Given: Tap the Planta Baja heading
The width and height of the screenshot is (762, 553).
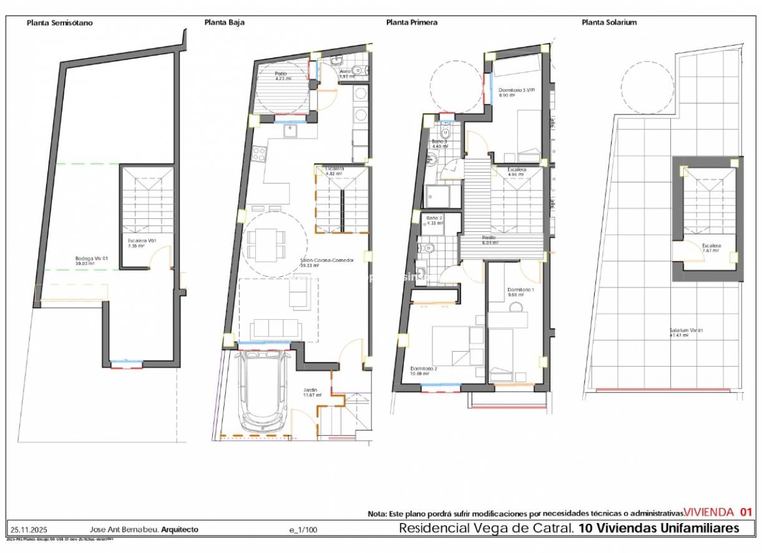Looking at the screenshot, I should (225, 22).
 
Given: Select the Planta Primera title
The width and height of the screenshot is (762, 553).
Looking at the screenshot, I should (412, 22).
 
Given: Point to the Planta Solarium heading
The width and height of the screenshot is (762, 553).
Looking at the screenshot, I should (609, 22).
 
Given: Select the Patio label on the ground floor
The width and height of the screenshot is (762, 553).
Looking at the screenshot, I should (281, 74).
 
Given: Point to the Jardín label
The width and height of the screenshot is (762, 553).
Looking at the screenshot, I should (311, 390).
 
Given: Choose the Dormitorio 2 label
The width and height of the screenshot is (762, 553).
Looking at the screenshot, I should (424, 368).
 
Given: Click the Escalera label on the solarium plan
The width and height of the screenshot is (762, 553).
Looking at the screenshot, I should (711, 246).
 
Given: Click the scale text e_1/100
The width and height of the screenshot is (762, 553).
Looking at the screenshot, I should (303, 530).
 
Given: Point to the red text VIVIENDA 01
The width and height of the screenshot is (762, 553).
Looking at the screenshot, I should (718, 512).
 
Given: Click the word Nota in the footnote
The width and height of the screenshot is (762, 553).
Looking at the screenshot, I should (377, 514).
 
